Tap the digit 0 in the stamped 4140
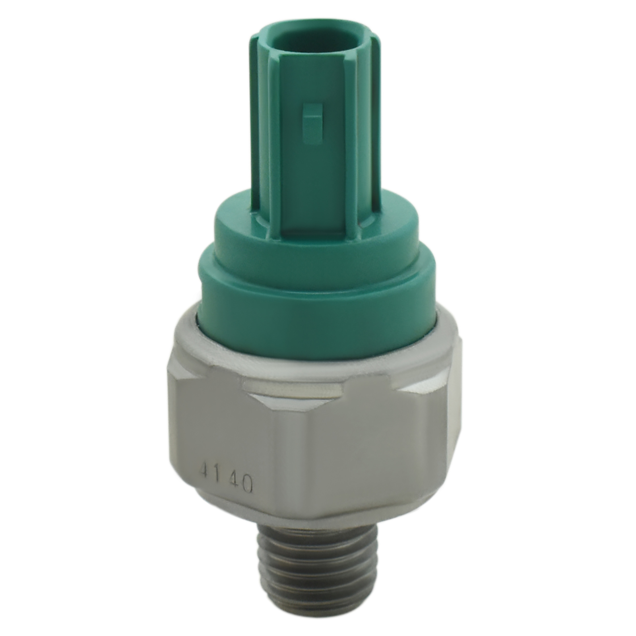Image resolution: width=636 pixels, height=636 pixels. pyautogui.click(x=246, y=484)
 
